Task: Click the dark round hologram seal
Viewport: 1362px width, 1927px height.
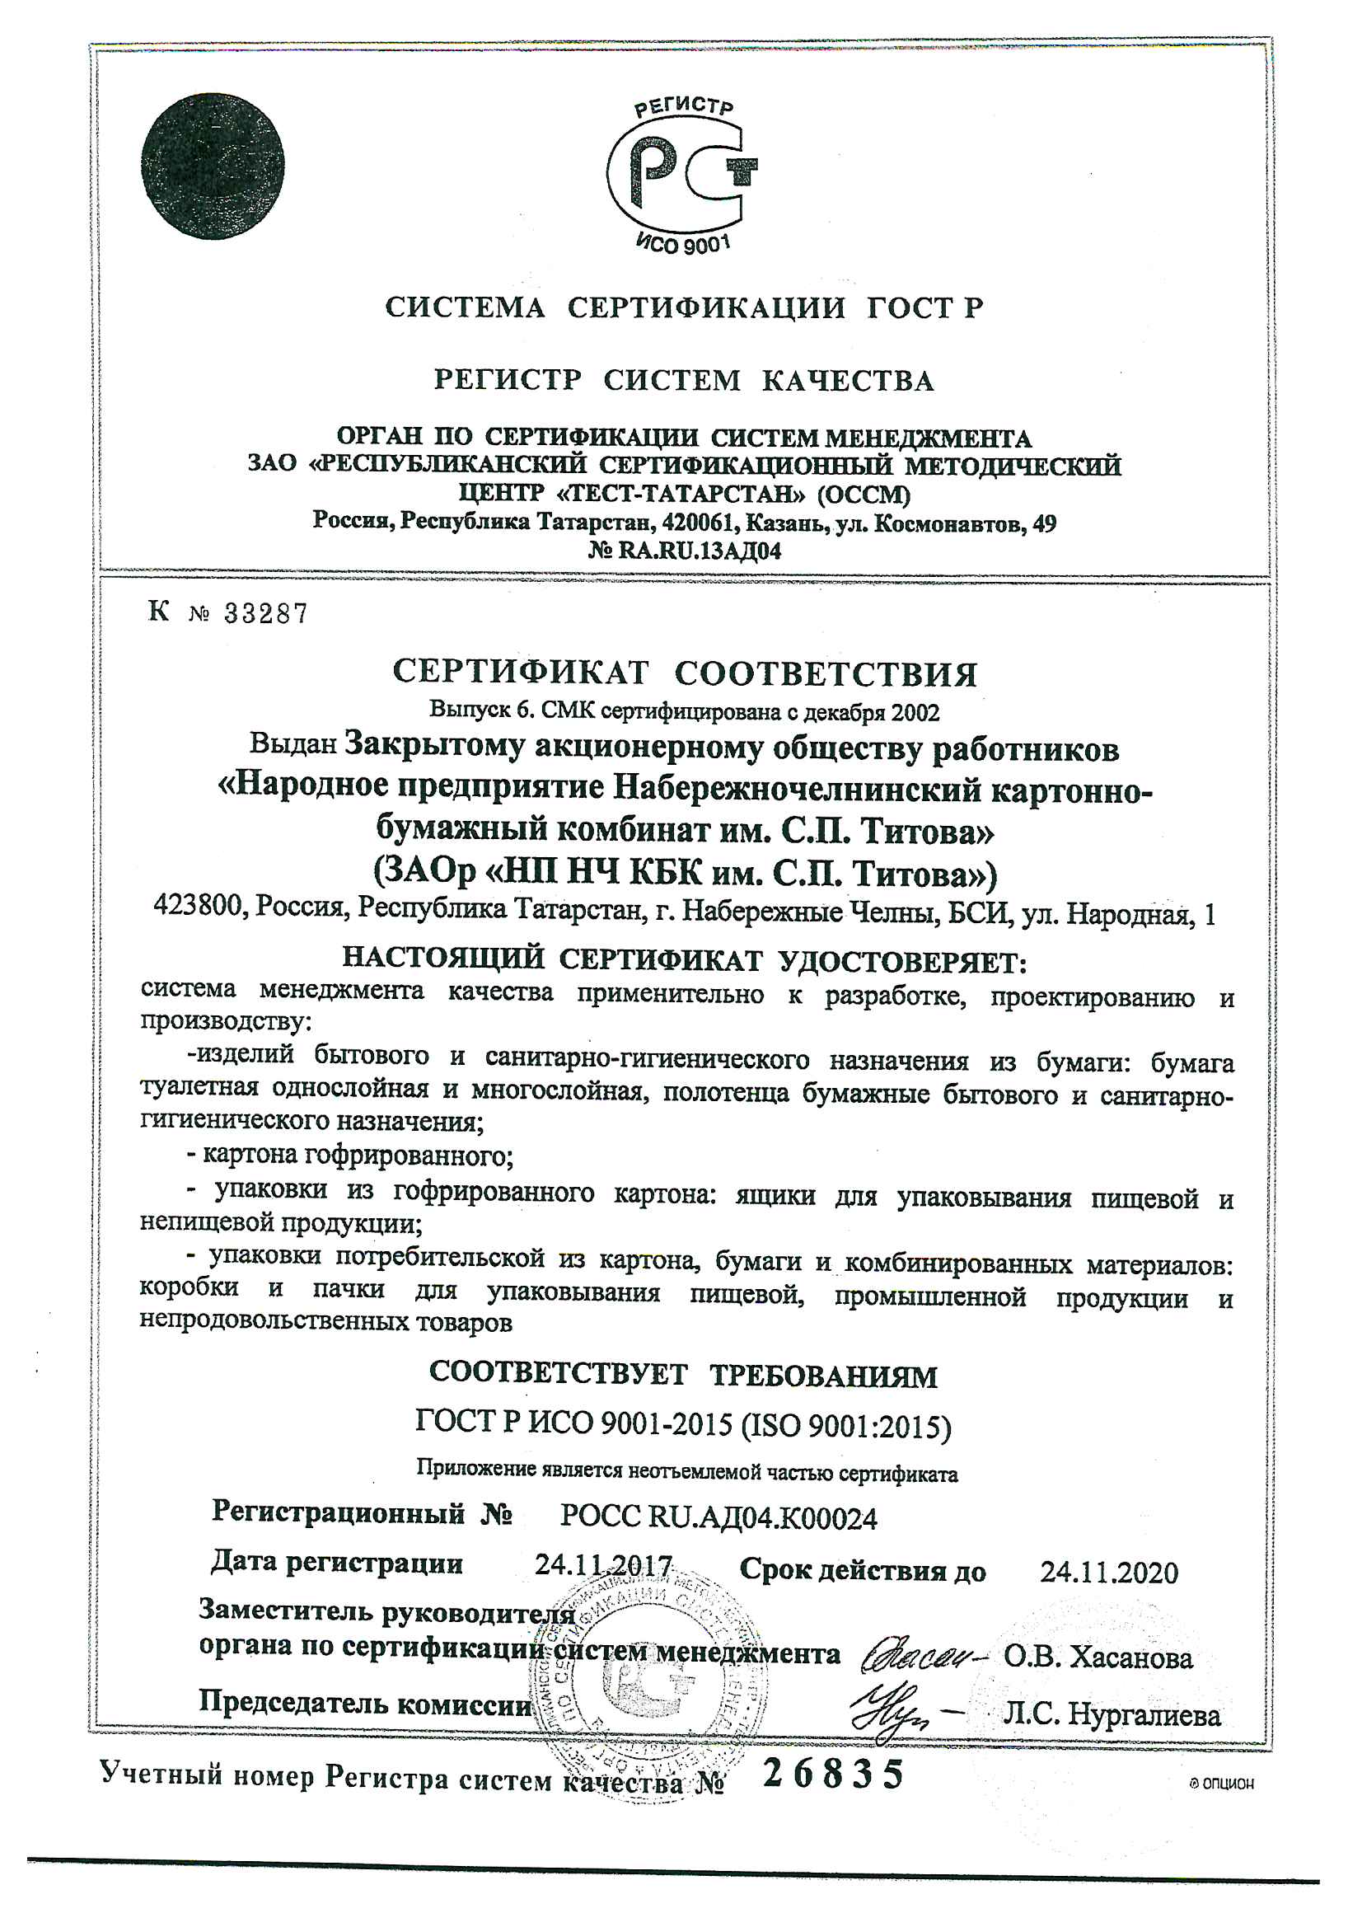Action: click(213, 166)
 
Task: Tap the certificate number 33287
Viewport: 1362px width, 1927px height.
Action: click(265, 614)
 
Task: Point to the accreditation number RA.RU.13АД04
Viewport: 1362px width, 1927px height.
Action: click(699, 551)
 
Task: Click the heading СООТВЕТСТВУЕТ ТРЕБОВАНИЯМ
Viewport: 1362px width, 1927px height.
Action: click(683, 1374)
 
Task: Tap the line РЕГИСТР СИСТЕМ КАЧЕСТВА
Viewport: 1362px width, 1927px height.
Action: click(683, 380)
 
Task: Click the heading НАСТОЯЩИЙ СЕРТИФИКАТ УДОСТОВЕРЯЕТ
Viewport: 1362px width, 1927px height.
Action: click(684, 959)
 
